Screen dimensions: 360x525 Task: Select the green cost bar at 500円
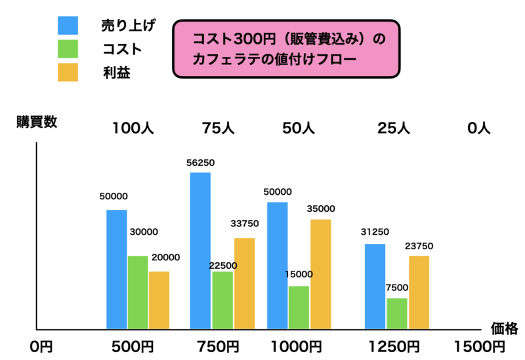[x=138, y=292]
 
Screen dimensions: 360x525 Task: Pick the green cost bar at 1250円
[x=396, y=313]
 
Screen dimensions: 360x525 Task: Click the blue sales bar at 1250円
[x=375, y=286]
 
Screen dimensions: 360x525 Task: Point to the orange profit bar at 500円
[x=159, y=300]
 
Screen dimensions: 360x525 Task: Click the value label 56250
[x=201, y=163]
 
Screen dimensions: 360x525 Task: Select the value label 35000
[x=320, y=209]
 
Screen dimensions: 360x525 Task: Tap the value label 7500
[x=397, y=287]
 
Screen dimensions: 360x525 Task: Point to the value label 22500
[x=222, y=265]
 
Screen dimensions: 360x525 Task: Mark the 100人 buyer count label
[x=133, y=128]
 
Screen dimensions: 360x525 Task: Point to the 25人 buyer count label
[x=394, y=128]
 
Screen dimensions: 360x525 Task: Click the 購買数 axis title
[x=37, y=122]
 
